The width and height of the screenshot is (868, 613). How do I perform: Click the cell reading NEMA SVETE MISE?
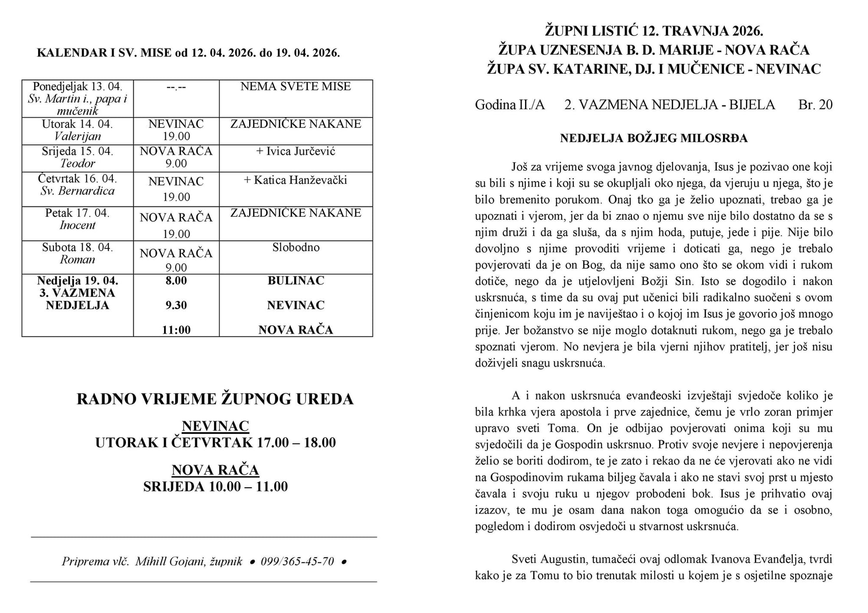296,87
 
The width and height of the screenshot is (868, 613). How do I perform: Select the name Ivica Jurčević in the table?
296,151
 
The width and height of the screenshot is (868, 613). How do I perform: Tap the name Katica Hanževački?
296,180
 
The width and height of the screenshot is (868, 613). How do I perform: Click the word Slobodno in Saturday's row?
296,248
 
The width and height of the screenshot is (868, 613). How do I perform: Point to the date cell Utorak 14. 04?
77,124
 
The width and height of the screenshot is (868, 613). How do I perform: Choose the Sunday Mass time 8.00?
176,281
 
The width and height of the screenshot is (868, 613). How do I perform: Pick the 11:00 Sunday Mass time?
176,330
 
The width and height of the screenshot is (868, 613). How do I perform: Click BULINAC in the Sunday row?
296,281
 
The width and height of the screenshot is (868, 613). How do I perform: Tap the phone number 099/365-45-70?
297,561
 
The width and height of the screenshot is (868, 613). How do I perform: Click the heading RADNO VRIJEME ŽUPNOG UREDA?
215,399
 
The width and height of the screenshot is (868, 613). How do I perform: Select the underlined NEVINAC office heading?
215,426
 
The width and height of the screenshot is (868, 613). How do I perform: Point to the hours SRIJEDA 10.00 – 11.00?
215,486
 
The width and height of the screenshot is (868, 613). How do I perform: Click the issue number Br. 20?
815,105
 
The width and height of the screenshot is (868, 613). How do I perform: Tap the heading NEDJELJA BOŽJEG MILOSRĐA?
654,138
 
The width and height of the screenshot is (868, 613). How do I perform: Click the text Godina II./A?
510,105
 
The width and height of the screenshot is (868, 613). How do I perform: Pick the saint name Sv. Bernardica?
77,191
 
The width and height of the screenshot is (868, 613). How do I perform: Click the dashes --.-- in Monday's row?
176,87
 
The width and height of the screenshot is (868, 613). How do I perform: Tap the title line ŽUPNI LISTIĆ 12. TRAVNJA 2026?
654,31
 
